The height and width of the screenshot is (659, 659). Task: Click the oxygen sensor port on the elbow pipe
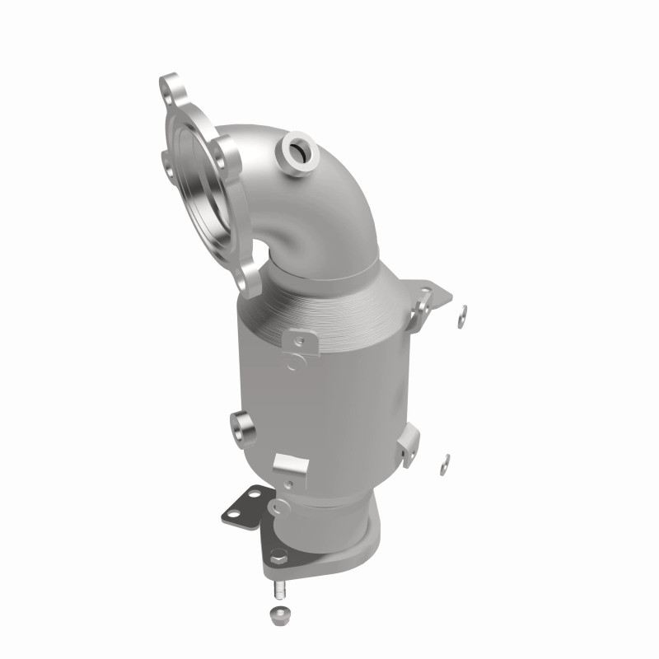click(295, 152)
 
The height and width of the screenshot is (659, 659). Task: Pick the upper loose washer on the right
click(463, 311)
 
